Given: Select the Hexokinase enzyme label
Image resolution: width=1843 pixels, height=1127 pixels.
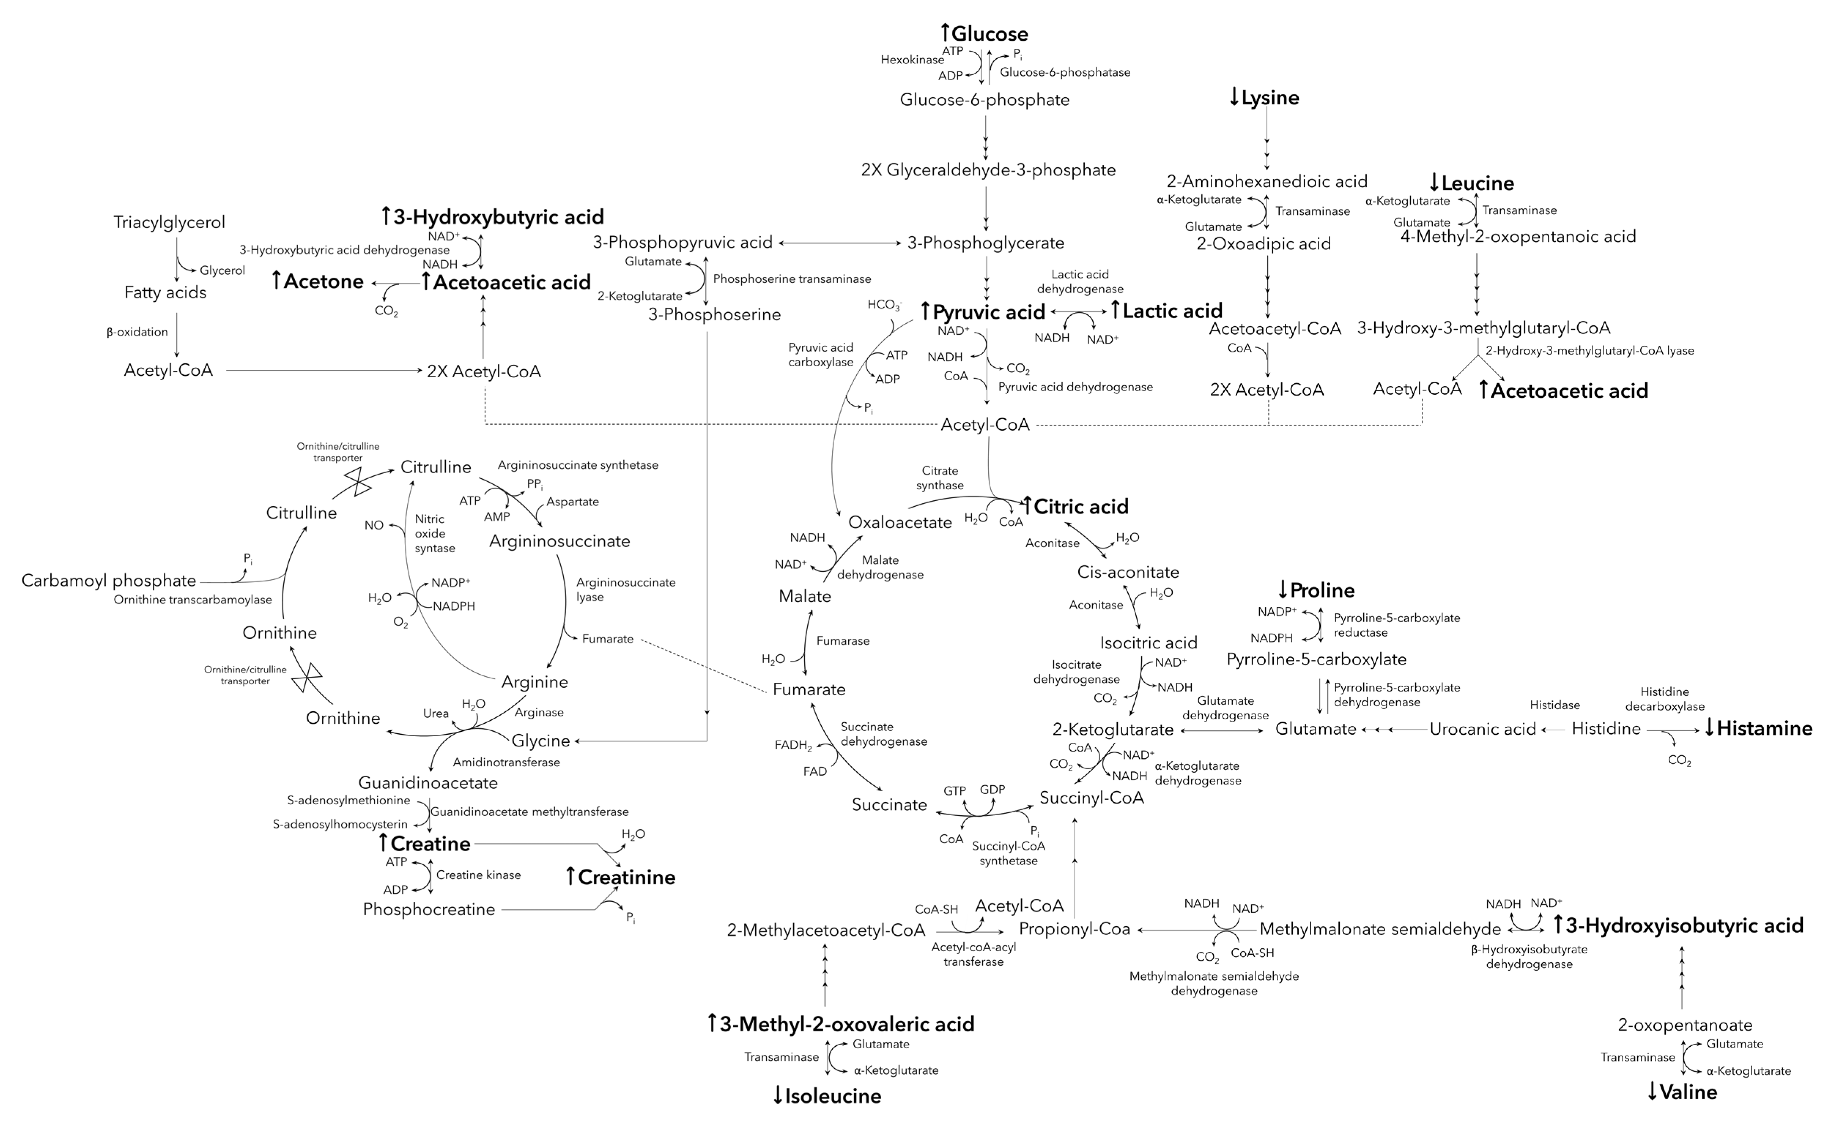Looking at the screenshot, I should (912, 60).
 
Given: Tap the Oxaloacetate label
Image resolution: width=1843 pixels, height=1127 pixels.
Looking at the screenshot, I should (900, 522).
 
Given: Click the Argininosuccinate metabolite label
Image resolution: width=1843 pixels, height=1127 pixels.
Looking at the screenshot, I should (560, 541).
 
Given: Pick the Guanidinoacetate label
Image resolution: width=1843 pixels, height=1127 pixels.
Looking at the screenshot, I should (428, 783).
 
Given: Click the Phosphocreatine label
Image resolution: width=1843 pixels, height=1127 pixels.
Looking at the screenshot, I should (429, 909).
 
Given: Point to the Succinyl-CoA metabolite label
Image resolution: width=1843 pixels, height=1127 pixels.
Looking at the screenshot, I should (1092, 798).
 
